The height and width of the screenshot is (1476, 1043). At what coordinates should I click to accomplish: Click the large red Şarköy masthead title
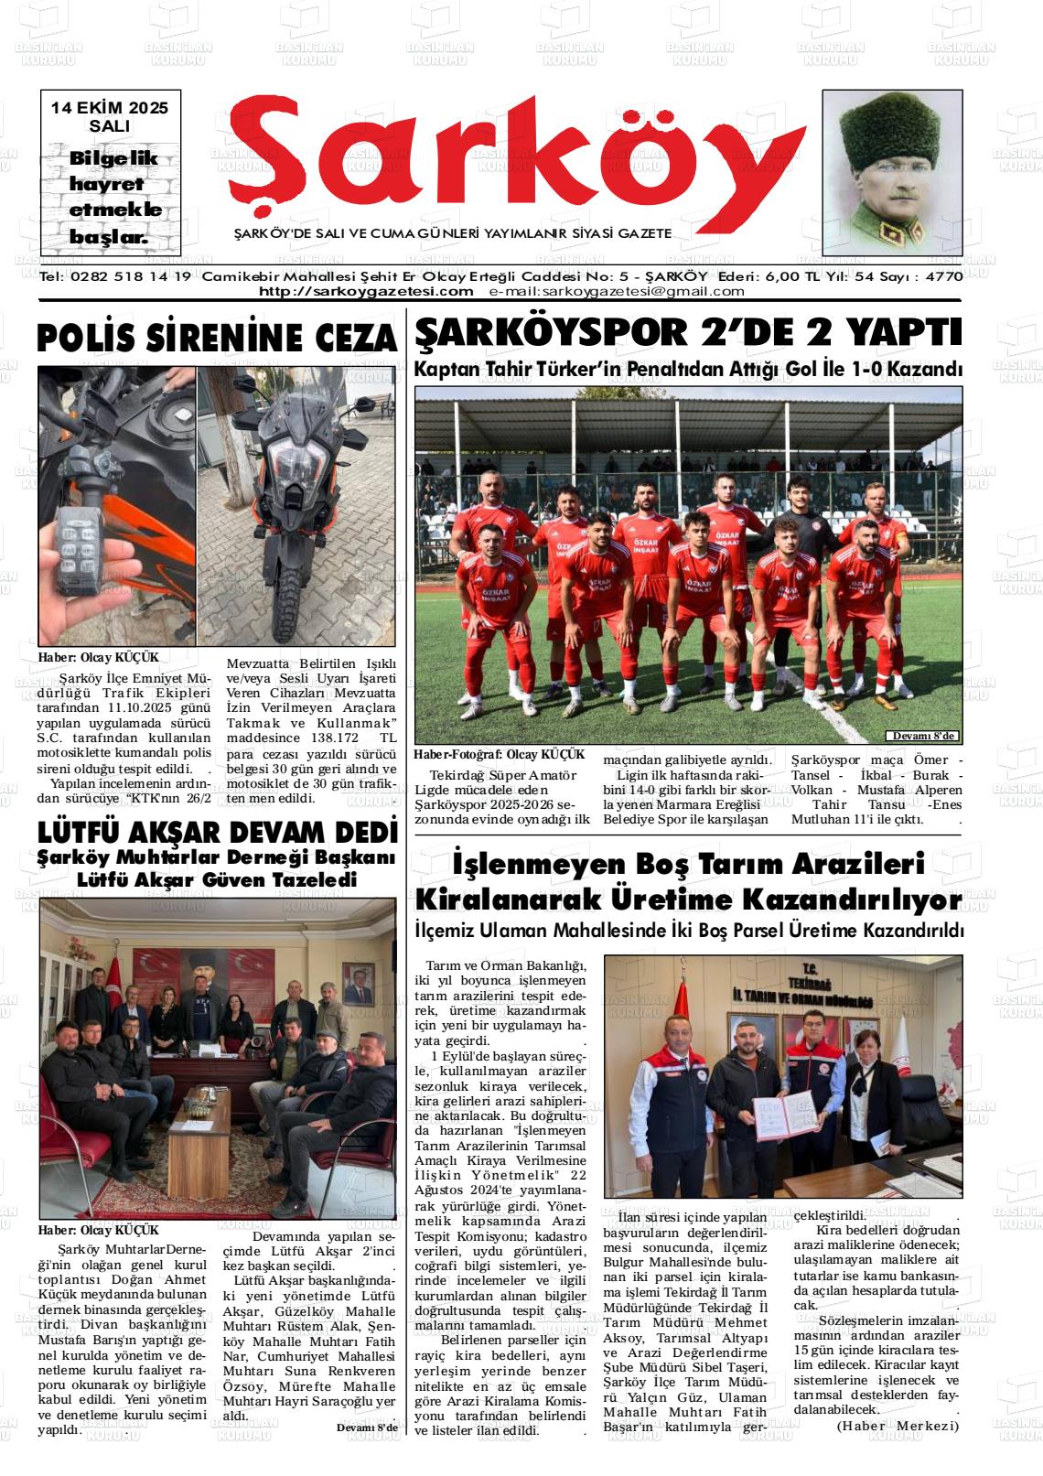(503, 156)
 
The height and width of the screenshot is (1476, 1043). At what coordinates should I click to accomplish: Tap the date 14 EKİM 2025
(110, 107)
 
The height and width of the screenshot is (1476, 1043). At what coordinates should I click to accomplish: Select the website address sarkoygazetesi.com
(366, 291)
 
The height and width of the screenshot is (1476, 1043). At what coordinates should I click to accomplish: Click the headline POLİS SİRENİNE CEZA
(218, 339)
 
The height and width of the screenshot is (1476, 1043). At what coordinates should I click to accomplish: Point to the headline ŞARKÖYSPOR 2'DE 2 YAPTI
(688, 332)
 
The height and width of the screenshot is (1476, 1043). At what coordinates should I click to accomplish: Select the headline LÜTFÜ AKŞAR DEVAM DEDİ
(218, 833)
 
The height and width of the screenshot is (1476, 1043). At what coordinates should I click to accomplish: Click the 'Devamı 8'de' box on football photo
(922, 737)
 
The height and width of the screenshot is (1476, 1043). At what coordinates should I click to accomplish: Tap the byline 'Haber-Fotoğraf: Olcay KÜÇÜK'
(499, 754)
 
